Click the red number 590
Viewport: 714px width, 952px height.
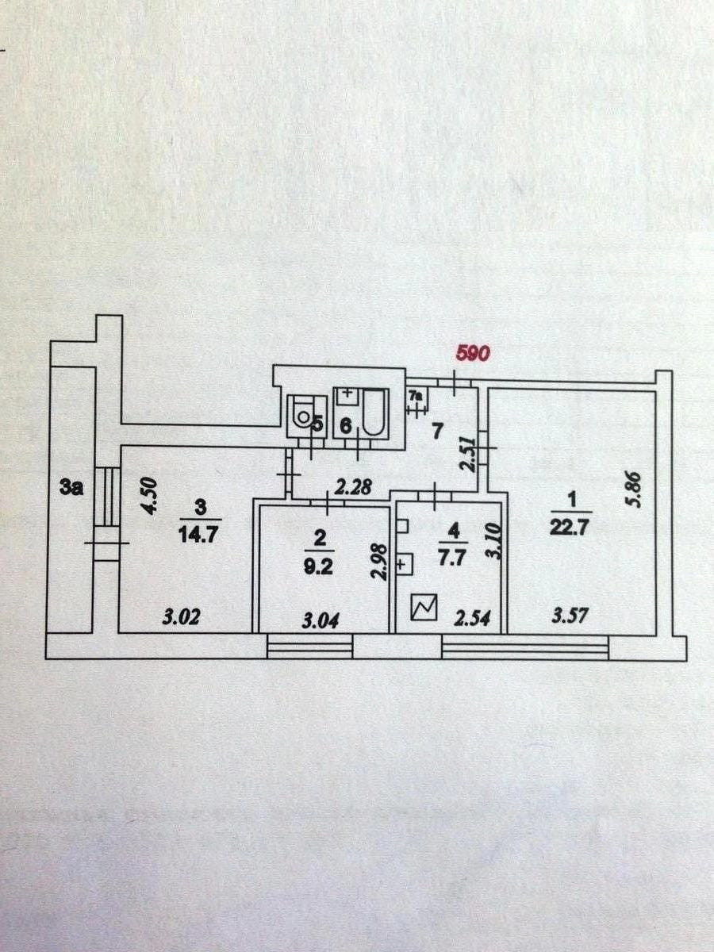pos(472,353)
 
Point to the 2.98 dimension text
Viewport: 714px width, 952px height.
pos(380,561)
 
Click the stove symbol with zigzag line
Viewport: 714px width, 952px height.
pos(424,608)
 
